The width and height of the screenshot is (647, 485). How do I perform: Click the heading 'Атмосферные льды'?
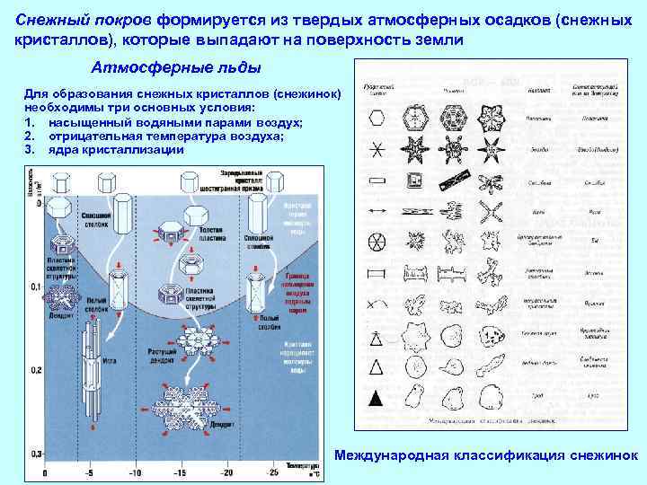point(177,68)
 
